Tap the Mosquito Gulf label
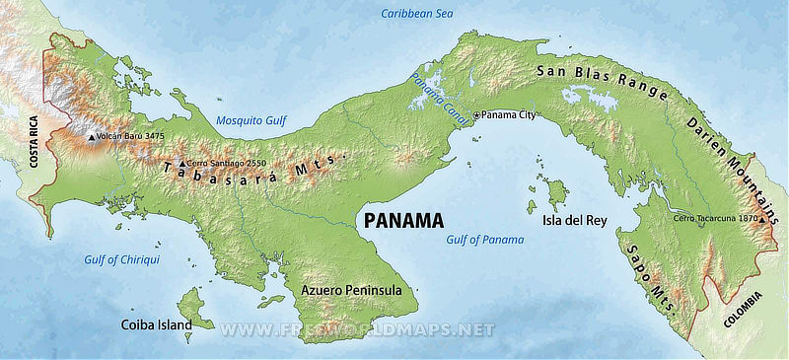251,120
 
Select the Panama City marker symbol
477,115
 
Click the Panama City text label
512,115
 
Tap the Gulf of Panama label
484,240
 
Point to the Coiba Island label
156,324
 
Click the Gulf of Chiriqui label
121,259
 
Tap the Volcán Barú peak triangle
91,138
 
